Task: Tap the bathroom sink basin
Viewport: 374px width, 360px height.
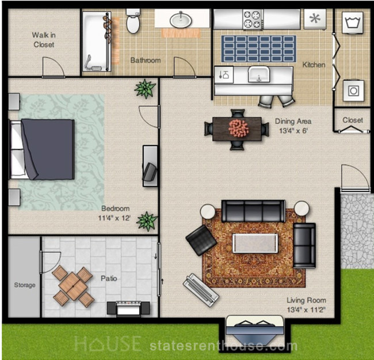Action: click(181, 20)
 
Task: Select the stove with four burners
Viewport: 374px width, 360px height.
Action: click(253, 20)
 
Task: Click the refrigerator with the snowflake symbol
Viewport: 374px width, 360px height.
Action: click(315, 18)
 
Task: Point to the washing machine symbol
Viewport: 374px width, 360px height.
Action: click(353, 22)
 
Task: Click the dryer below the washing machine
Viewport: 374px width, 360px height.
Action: click(353, 90)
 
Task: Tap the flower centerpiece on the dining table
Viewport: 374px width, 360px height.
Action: click(239, 128)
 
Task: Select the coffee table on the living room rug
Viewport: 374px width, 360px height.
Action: click(255, 243)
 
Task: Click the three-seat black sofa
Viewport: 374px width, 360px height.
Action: click(254, 211)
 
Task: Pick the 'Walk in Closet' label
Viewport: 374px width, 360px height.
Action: click(44, 40)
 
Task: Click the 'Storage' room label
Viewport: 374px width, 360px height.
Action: click(25, 285)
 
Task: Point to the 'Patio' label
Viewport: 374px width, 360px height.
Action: click(109, 278)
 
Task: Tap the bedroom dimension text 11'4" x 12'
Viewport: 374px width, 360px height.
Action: click(115, 218)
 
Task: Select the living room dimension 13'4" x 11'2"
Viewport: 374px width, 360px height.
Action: click(306, 310)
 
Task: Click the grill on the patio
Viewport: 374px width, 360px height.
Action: click(128, 308)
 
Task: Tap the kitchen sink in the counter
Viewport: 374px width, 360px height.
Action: click(259, 74)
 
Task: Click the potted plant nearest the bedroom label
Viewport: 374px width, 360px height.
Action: click(147, 221)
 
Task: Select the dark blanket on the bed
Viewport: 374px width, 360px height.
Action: click(48, 149)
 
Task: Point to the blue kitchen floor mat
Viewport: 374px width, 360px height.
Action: click(259, 49)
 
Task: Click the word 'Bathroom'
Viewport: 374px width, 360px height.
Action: click(146, 60)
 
